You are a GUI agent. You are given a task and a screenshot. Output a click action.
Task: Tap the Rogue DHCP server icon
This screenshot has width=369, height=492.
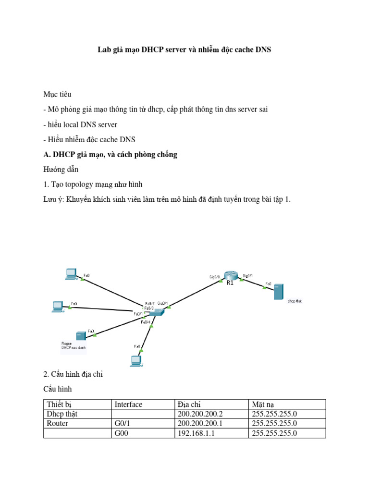[x=80, y=335]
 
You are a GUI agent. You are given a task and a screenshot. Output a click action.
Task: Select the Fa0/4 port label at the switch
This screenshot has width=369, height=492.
[x=146, y=322]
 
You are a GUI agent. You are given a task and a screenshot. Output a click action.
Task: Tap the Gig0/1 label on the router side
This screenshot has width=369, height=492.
[x=248, y=276]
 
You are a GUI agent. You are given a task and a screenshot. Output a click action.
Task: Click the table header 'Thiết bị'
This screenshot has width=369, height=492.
[x=59, y=405]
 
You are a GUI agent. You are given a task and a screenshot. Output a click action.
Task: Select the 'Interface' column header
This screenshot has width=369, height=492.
[x=128, y=405]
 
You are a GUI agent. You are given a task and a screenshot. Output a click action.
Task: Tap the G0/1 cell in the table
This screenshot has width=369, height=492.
[x=122, y=424]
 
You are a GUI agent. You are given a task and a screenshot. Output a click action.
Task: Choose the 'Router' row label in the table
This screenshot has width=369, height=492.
[x=58, y=424]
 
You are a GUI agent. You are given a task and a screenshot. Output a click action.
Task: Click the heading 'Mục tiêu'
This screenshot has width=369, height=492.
[x=57, y=94]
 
